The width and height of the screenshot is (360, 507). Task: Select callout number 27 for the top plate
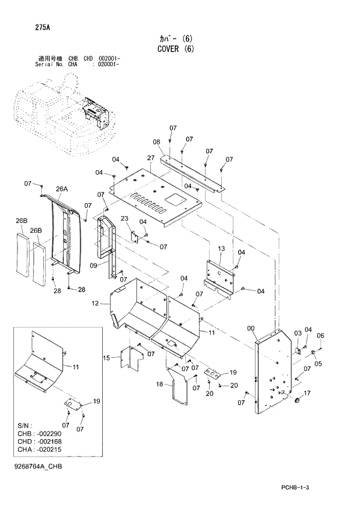point(150,158)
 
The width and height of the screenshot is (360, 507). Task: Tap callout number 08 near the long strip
point(156,142)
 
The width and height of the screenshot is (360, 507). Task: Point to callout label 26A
point(62,189)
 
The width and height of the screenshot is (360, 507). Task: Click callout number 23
point(124,218)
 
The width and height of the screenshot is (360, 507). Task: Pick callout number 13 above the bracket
point(221,249)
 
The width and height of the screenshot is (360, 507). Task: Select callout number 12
point(96,303)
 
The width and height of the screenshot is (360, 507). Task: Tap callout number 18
point(159,384)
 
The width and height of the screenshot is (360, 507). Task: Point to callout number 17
point(307,393)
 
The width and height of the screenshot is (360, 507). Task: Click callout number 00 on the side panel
point(251,329)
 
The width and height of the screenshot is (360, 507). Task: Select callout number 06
point(320,335)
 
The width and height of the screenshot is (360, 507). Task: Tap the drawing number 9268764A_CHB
point(39,467)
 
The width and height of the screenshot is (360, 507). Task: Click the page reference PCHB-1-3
point(294,487)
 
